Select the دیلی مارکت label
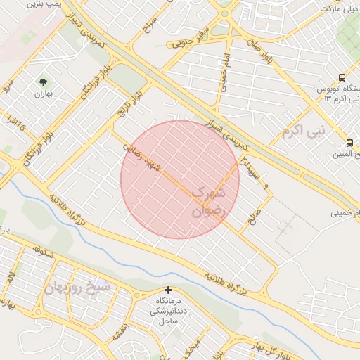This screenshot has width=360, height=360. (340, 8)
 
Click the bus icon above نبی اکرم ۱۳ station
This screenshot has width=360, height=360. (342, 77)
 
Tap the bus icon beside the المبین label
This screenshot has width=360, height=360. (349, 143)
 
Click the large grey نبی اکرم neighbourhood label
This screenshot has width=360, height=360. (304, 131)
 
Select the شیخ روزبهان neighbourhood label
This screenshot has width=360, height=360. (77, 287)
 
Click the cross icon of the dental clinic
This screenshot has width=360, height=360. (167, 290)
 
